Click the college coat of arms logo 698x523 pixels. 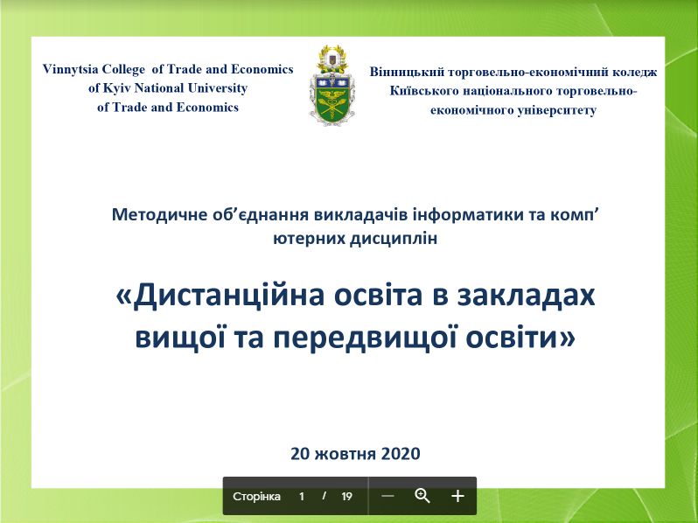[332, 86]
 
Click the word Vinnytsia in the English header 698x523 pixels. [70, 69]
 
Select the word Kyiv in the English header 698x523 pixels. [117, 88]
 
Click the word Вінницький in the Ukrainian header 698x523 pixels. [407, 73]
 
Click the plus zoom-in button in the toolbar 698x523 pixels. [457, 496]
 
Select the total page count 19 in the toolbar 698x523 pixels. [346, 496]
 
